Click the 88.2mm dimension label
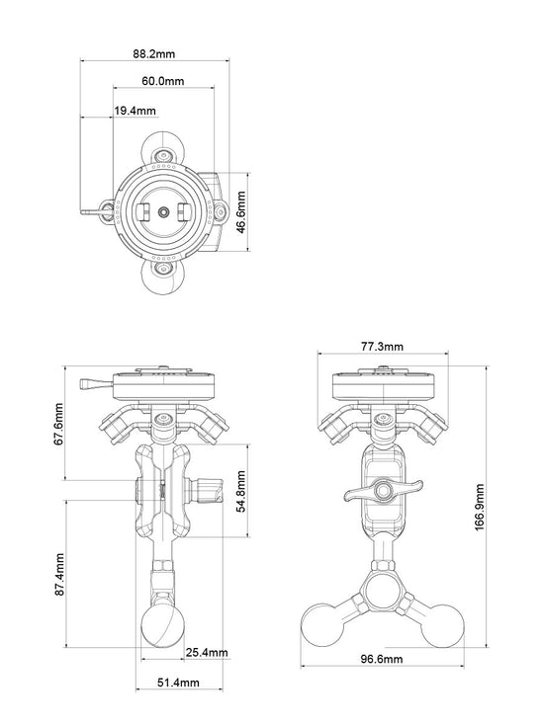pos(154,53)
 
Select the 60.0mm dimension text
pos(162,81)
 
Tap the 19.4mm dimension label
pos(135,111)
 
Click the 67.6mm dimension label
pos(58,424)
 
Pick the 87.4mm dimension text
pos(59,575)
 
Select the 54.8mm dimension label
pos(240,491)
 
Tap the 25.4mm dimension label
pos(207,652)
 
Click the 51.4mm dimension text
pos(178,683)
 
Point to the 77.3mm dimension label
pos(382,347)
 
